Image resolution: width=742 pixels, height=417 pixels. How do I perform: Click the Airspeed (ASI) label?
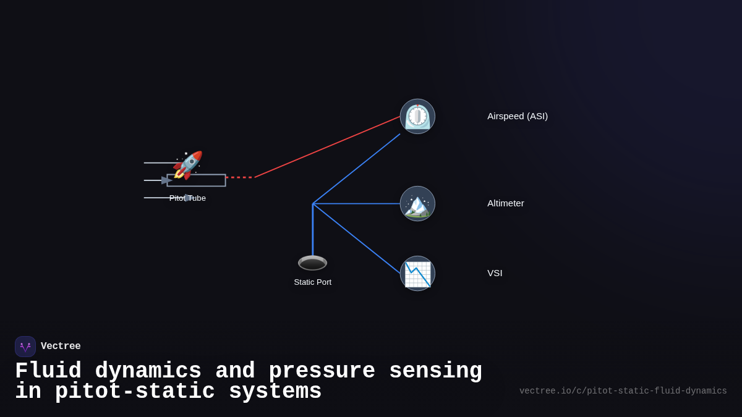point(517,116)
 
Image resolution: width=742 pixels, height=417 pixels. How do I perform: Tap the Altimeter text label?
point(505,203)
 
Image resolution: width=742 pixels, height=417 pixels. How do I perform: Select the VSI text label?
point(495,273)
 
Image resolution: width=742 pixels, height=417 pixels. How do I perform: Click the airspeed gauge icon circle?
point(417,116)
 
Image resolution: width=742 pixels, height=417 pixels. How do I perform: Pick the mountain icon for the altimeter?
point(417,204)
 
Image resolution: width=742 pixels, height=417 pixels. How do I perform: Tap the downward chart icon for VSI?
point(417,274)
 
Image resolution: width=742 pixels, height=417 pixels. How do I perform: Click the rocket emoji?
point(187,165)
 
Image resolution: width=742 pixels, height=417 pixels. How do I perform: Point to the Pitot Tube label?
point(187,198)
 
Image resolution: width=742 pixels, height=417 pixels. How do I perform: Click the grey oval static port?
point(312,263)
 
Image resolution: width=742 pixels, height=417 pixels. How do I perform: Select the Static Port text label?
point(312,282)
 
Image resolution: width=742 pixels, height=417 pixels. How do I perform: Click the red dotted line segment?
point(240,177)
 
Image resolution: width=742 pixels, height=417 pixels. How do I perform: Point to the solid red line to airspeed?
point(328,146)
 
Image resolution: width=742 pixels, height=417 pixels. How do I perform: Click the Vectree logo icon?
point(25,347)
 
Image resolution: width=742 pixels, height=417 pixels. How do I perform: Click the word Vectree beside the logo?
point(61,347)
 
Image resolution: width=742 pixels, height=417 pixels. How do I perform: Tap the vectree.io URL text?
point(623,391)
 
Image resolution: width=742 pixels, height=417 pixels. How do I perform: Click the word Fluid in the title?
point(48,371)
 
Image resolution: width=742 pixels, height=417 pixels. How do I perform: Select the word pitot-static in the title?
point(135,392)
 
